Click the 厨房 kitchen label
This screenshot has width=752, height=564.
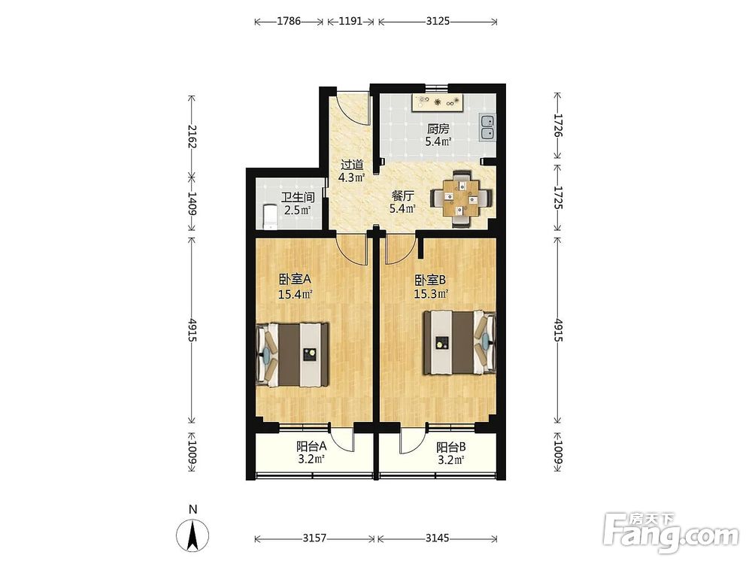click(x=438, y=129)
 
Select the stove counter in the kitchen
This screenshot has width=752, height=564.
click(x=437, y=102)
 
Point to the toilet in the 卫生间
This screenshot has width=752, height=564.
click(x=271, y=217)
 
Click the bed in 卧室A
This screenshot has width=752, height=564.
click(x=293, y=354)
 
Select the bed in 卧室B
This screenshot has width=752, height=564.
click(x=459, y=342)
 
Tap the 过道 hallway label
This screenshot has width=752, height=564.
click(x=352, y=165)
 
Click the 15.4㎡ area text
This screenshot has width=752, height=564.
click(x=296, y=294)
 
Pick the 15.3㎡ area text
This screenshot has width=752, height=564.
click(x=431, y=293)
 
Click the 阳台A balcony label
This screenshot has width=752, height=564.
click(x=312, y=447)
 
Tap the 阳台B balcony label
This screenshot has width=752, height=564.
click(x=450, y=447)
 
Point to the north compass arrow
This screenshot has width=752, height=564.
click(x=193, y=535)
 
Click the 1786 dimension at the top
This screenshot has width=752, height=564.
click(x=289, y=21)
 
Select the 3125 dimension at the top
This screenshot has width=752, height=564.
click(x=438, y=21)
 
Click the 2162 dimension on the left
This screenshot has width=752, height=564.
click(x=193, y=136)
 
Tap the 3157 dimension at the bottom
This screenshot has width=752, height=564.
click(x=314, y=538)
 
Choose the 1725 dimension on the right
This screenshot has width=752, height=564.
click(x=558, y=198)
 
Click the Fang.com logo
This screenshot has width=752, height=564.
click(x=671, y=532)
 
